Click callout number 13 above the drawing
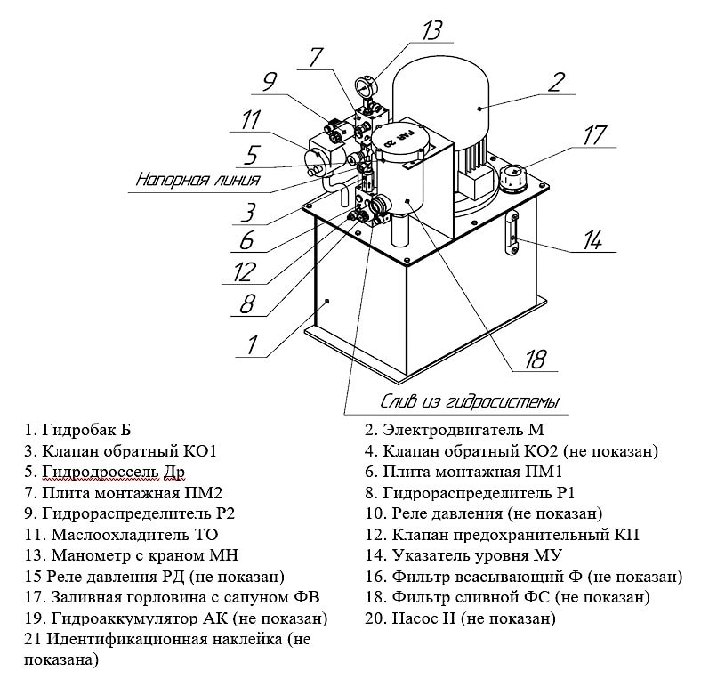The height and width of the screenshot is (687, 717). (431, 32)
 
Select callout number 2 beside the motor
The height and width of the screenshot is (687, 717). (556, 84)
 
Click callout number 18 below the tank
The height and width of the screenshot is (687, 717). (535, 360)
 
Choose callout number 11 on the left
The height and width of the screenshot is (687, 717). (252, 119)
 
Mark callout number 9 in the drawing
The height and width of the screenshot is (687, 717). (269, 84)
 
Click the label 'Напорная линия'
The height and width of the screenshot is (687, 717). (197, 180)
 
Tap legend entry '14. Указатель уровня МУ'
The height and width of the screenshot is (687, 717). (477, 555)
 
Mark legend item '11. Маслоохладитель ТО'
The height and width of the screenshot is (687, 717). (117, 535)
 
